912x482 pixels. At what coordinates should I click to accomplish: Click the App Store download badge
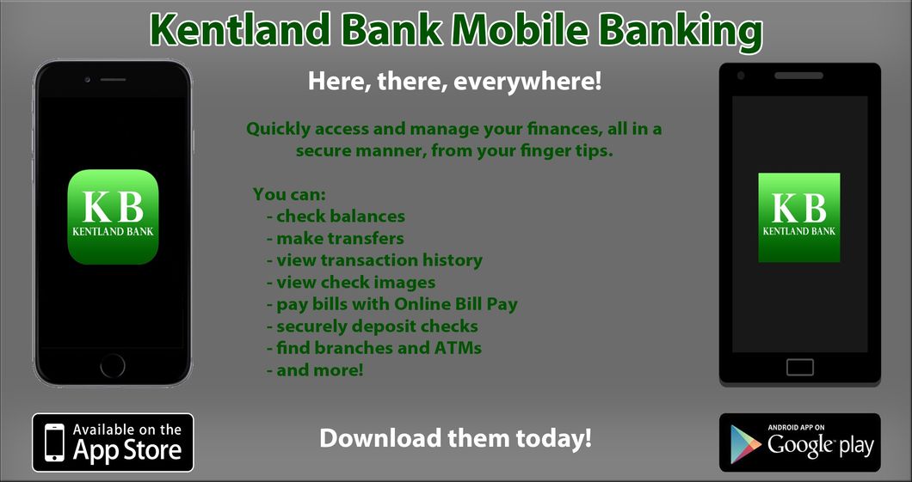tap(113, 442)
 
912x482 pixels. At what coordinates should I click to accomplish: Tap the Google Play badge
tap(799, 442)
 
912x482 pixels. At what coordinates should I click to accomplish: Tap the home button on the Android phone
tap(799, 367)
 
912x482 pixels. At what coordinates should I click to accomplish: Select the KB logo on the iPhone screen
tap(113, 217)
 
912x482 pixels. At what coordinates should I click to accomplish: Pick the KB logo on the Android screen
tap(798, 217)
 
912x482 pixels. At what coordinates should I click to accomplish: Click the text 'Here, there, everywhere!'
tap(455, 83)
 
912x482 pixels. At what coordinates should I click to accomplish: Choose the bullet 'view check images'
tap(355, 282)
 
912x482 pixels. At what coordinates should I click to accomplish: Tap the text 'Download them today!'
tap(455, 438)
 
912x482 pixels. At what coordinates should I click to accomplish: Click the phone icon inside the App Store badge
tap(54, 442)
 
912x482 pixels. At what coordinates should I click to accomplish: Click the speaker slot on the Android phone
tap(798, 76)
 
